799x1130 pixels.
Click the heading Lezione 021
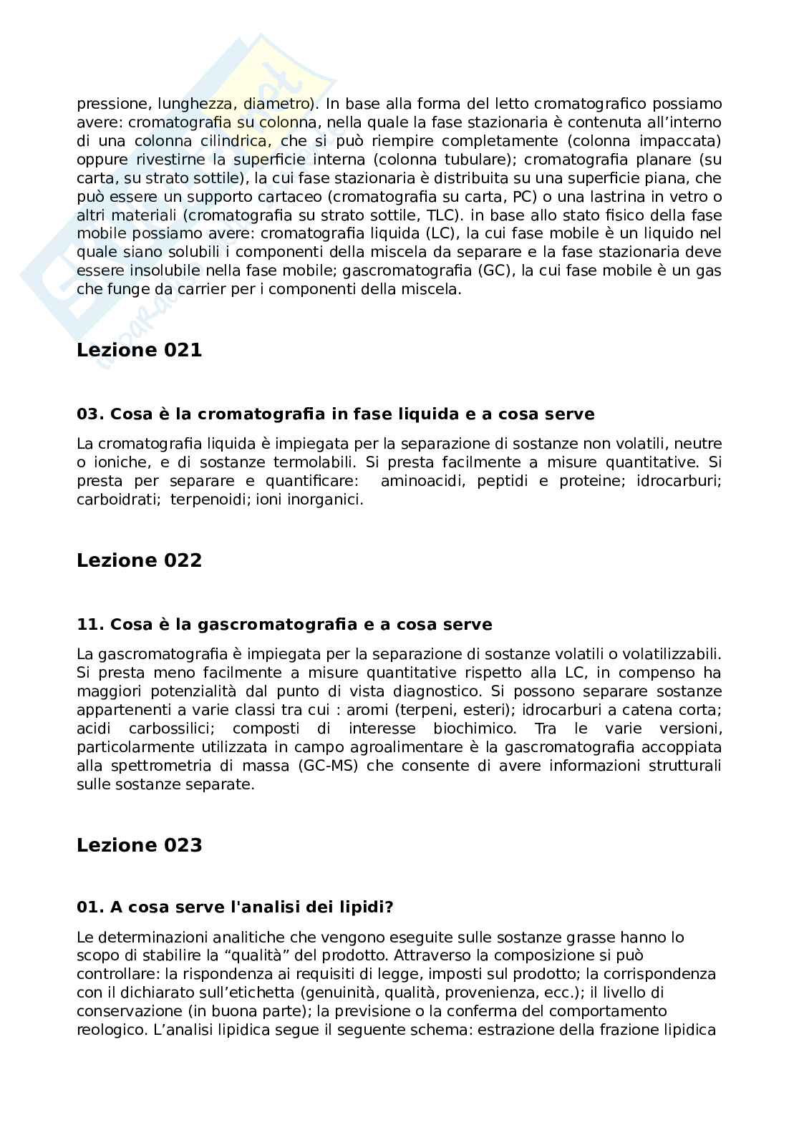coord(139,350)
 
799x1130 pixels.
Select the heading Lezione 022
coord(139,560)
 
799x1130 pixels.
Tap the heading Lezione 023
coord(139,845)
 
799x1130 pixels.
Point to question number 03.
coord(90,414)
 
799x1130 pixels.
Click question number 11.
coord(90,625)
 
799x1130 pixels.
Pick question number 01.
coord(90,908)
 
